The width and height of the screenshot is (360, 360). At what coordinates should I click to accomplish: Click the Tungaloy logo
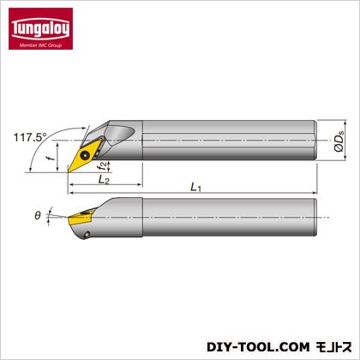pos(40,28)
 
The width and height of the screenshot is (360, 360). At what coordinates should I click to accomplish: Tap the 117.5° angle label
pos(30,137)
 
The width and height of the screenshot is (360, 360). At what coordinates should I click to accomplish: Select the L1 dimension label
pos(196,187)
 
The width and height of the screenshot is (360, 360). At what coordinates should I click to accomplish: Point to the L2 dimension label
pos(104,180)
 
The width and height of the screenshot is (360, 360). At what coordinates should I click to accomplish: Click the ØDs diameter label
pos(339,140)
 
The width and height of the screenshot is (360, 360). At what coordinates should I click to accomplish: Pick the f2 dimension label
pos(104,165)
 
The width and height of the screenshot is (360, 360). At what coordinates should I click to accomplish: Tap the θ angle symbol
pos(38,215)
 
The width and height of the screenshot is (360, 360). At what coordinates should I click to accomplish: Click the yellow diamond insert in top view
pos(85,156)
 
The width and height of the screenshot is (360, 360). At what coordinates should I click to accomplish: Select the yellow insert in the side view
pos(80,218)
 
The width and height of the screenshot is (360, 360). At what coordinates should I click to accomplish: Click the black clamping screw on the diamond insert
pos(85,155)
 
